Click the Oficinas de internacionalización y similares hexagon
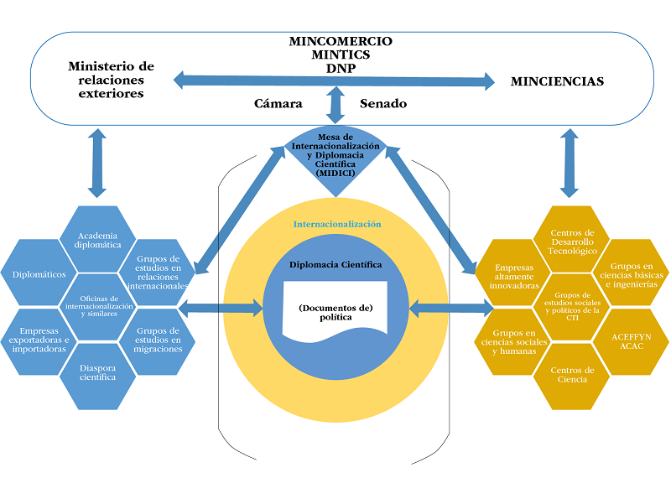[x=100, y=304]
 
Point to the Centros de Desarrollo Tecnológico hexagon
[x=573, y=241]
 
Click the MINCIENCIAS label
[x=557, y=81]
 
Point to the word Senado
[x=383, y=104]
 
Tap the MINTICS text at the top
[x=340, y=54]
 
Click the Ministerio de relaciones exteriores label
[x=112, y=80]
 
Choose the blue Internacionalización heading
[x=336, y=225]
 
